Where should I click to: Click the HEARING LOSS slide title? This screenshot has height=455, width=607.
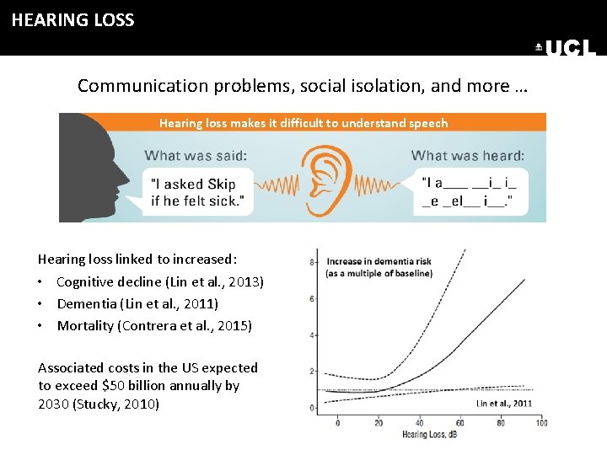[73, 20]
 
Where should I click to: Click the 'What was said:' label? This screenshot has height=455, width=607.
[196, 155]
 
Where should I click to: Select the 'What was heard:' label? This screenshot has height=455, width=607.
[467, 155]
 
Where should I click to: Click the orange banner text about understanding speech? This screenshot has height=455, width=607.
[303, 123]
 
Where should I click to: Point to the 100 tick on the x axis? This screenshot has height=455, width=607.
[540, 422]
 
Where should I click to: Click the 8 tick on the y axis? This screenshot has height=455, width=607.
[313, 262]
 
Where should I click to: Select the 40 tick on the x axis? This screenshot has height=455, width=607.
[419, 422]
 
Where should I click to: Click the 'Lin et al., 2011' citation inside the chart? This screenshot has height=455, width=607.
[503, 404]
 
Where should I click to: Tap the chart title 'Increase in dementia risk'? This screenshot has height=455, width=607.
[379, 261]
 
